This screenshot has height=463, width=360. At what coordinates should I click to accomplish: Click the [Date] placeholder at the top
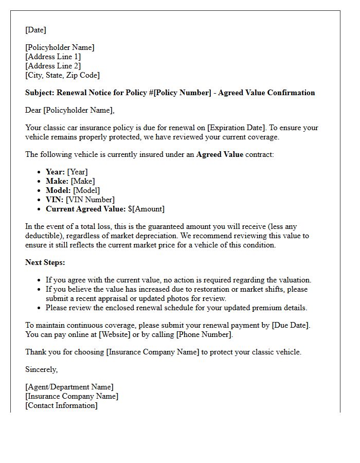pos(35,30)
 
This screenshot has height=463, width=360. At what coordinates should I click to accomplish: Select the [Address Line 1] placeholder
pos(53,57)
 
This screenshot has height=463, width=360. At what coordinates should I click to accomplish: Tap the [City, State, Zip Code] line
pos(62,75)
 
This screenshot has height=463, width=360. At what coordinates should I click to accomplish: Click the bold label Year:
pos(55,172)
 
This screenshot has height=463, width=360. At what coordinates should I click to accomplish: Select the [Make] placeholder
pos(83,181)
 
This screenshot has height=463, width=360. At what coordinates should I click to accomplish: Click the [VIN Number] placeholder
pos(90,200)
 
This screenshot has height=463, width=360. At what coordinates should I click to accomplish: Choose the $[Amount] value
pos(146,209)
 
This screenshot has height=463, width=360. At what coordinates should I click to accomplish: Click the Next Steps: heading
pos(45,262)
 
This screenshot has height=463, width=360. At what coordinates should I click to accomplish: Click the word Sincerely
pos(41,369)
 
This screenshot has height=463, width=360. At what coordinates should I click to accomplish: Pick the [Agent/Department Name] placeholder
pos(69,387)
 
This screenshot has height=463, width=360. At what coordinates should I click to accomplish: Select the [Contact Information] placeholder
pos(61,405)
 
